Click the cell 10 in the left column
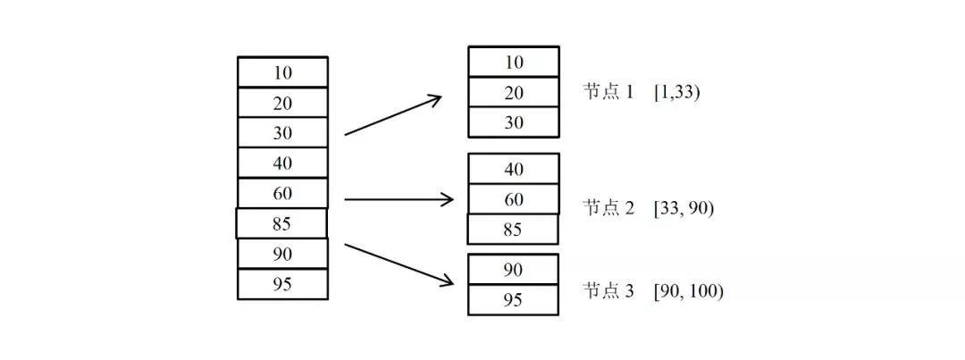pyautogui.click(x=282, y=72)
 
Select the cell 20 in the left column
pyautogui.click(x=282, y=103)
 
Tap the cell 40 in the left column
pyautogui.click(x=282, y=163)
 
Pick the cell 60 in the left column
pyautogui.click(x=282, y=193)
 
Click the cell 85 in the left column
pyautogui.click(x=281, y=223)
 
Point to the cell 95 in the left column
pyautogui.click(x=282, y=284)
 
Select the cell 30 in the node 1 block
pyautogui.click(x=514, y=122)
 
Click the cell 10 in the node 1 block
pyautogui.click(x=514, y=62)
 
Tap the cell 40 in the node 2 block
pyautogui.click(x=514, y=169)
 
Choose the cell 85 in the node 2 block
pyautogui.click(x=513, y=230)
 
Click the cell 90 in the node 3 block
pyautogui.click(x=513, y=269)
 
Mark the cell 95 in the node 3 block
pyautogui.click(x=513, y=299)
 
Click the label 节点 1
pyautogui.click(x=608, y=92)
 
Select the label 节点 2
pyautogui.click(x=608, y=208)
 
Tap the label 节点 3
pyautogui.click(x=608, y=291)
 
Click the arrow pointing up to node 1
pyautogui.click(x=393, y=115)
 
